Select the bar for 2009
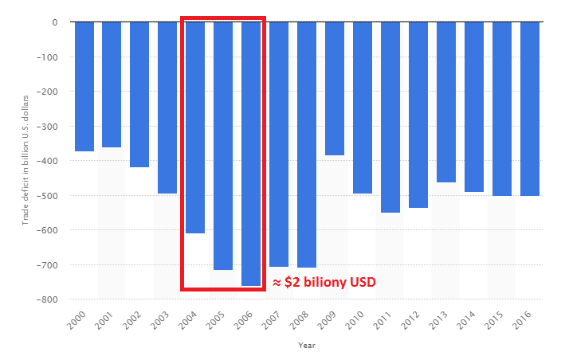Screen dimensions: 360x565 pos(335,88)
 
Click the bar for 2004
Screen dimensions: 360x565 pos(195,127)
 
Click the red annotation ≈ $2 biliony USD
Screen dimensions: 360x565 pos(324,282)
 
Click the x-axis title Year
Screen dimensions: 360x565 pos(307,346)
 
